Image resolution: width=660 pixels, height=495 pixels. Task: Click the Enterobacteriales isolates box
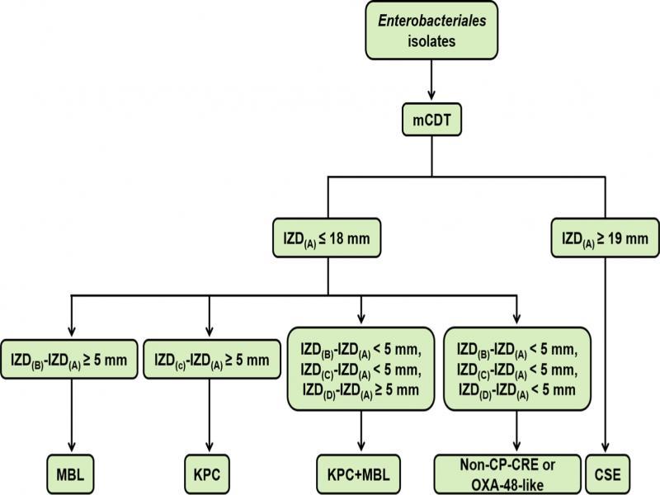[431, 30]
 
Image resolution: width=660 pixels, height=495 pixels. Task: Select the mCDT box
[431, 120]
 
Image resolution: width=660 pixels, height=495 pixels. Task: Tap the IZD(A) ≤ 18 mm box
[327, 238]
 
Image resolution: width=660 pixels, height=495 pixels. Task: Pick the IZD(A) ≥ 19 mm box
[606, 238]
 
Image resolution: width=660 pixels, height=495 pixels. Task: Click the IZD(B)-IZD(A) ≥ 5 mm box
[69, 360]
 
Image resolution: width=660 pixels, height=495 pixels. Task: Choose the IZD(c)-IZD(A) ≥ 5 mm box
[212, 360]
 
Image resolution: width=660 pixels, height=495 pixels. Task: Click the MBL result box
[70, 474]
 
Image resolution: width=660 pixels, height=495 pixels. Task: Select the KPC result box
[207, 474]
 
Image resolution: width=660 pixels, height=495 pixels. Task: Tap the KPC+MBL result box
[359, 474]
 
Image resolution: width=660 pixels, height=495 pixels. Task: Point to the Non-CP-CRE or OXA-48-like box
[507, 474]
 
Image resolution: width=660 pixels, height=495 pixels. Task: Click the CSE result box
[608, 474]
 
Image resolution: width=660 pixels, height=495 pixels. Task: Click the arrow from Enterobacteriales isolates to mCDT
[431, 80]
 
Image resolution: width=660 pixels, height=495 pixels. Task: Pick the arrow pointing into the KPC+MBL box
[361, 431]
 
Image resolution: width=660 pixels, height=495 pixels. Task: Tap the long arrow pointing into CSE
[606, 355]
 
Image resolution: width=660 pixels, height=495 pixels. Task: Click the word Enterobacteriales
[431, 21]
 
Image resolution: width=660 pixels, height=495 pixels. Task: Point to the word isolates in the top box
[431, 41]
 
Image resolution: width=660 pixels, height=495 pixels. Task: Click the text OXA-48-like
[507, 485]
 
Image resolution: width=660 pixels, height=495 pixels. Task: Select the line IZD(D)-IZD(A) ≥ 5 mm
[361, 390]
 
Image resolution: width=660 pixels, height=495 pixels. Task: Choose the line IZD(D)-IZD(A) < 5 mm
[517, 390]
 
